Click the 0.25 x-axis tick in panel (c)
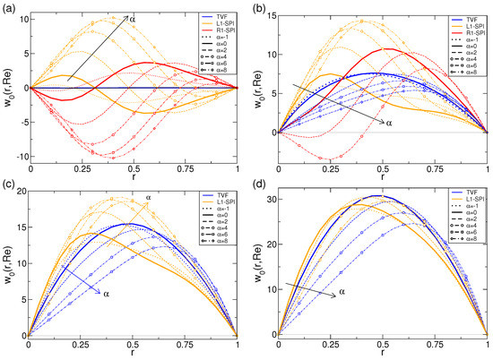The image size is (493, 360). tap(80, 345)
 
